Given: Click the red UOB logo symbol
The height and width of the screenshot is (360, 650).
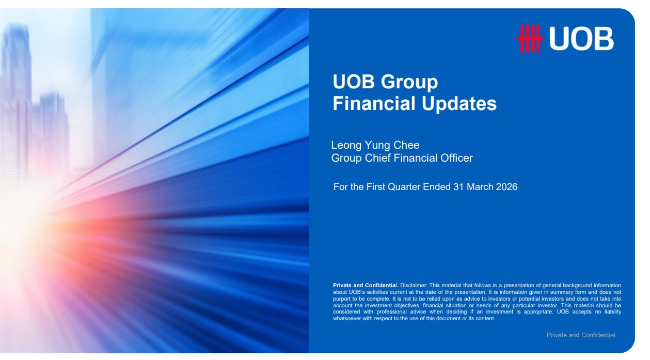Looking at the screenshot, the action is pyautogui.click(x=530, y=38).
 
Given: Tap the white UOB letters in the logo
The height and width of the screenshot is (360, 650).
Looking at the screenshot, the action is pyautogui.click(x=581, y=39).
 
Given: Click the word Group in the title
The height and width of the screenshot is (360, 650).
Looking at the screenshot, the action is pyautogui.click(x=409, y=83).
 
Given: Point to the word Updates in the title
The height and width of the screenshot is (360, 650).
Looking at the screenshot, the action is pyautogui.click(x=459, y=104).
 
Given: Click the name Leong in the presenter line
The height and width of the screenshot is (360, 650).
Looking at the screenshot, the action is pyautogui.click(x=346, y=146).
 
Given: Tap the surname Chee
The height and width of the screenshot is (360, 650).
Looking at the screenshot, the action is pyautogui.click(x=406, y=145).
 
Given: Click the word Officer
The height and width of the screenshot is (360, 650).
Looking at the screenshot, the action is pyautogui.click(x=456, y=158).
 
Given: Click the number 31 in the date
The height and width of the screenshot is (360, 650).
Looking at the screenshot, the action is pyautogui.click(x=458, y=186).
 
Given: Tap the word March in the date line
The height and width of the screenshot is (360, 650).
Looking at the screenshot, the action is pyautogui.click(x=480, y=186).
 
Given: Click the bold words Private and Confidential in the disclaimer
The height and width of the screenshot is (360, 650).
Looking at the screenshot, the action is pyautogui.click(x=366, y=286).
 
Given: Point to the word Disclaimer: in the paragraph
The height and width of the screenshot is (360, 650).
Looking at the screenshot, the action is pyautogui.click(x=414, y=286).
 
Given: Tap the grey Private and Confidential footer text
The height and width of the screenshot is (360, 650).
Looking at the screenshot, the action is pyautogui.click(x=581, y=335).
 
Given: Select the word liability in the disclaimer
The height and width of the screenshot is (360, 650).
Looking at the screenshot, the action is pyautogui.click(x=613, y=312).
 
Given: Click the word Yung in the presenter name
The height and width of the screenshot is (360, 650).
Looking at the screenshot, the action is pyautogui.click(x=377, y=146).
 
